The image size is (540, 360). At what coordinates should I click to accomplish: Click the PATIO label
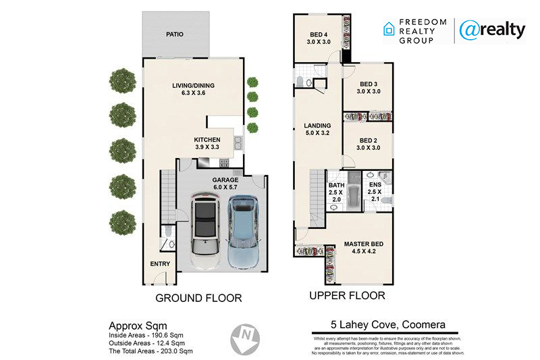click(x=175, y=34)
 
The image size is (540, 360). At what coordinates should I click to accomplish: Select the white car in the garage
click(x=206, y=232)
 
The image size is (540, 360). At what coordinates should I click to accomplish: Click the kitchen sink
click(x=238, y=143)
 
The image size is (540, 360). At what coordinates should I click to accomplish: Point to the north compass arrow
click(x=245, y=339)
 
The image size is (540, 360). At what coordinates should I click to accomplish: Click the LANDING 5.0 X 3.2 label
click(x=317, y=129)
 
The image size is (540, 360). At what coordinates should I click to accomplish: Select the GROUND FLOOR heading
click(x=198, y=298)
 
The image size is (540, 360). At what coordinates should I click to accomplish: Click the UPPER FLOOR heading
click(x=347, y=296)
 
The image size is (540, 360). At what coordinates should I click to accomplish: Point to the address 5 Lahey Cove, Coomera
click(x=388, y=324)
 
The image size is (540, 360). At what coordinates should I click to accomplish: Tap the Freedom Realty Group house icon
click(x=389, y=29)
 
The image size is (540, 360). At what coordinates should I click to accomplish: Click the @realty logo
click(x=493, y=30)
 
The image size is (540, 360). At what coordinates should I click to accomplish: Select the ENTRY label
click(x=160, y=264)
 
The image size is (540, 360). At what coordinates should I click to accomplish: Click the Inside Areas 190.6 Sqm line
click(x=146, y=335)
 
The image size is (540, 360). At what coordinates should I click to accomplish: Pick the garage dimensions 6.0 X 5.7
click(x=225, y=187)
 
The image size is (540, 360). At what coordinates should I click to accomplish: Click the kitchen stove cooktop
click(x=224, y=163)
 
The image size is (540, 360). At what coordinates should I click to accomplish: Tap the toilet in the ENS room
click(x=387, y=201)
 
